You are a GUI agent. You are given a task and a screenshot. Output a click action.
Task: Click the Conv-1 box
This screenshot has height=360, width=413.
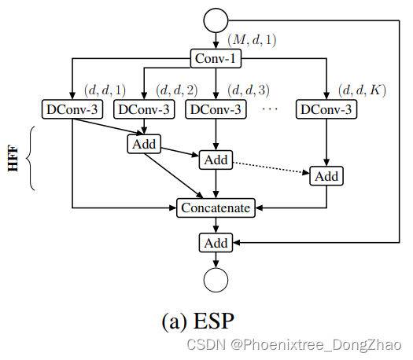point(216,57)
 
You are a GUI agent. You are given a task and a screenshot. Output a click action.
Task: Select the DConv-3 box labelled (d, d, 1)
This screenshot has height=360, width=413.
point(72,109)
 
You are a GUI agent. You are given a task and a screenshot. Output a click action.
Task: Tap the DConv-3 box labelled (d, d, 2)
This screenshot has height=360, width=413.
point(143,109)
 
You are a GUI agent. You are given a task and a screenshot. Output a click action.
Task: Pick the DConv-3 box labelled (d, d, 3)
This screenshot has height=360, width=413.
point(216,109)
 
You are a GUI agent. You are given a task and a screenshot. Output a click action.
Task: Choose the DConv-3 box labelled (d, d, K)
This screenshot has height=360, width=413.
point(326,109)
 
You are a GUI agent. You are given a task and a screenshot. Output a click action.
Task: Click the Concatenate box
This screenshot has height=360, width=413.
point(216,208)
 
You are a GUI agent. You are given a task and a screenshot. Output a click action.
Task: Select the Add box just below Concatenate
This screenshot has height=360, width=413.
point(216,243)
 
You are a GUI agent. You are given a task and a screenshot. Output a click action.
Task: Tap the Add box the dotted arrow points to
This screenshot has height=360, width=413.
point(326,175)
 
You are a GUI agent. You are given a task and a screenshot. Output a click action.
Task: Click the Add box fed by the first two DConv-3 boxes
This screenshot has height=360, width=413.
point(143,144)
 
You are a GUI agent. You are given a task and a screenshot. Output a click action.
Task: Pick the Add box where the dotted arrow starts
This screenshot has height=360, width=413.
point(216,160)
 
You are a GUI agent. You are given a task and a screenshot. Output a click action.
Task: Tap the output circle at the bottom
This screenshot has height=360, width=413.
point(216,279)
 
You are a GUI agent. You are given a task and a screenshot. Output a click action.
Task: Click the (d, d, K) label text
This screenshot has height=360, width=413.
point(361,90)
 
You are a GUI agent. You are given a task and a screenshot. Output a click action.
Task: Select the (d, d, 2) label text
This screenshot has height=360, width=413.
point(177,90)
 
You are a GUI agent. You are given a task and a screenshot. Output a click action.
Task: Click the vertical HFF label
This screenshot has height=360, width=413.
point(13,159)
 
